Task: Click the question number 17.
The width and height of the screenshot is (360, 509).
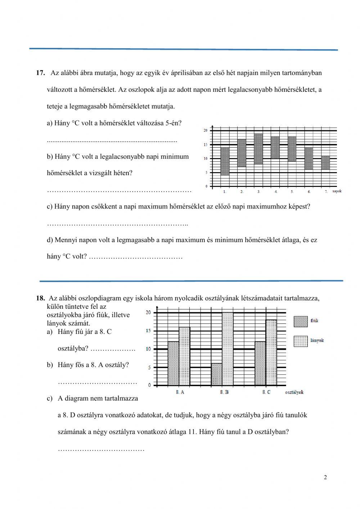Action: [40, 73]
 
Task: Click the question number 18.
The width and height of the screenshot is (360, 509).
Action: [40, 298]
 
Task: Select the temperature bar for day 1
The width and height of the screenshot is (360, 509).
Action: [225, 161]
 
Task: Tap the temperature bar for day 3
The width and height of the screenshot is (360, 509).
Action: [258, 149]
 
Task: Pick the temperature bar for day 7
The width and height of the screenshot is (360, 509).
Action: [325, 162]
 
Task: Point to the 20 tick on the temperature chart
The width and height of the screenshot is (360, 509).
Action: [206, 130]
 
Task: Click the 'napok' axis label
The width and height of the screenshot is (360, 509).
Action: [337, 191]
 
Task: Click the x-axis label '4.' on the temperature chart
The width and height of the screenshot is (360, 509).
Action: [276, 192]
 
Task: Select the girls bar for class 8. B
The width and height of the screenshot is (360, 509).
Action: [228, 349]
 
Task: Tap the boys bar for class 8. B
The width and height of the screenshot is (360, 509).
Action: [217, 374]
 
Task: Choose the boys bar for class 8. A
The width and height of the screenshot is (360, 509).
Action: [174, 363]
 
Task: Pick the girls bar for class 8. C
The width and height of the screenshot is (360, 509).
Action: [271, 352]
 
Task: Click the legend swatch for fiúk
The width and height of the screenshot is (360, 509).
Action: [301, 321]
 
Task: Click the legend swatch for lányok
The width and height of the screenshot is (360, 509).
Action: [301, 341]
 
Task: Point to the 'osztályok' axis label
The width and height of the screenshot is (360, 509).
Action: [294, 392]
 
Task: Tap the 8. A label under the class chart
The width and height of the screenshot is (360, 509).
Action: [180, 392]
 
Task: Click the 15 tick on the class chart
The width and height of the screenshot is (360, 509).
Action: [148, 331]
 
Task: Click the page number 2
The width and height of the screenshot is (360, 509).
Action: [325, 478]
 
